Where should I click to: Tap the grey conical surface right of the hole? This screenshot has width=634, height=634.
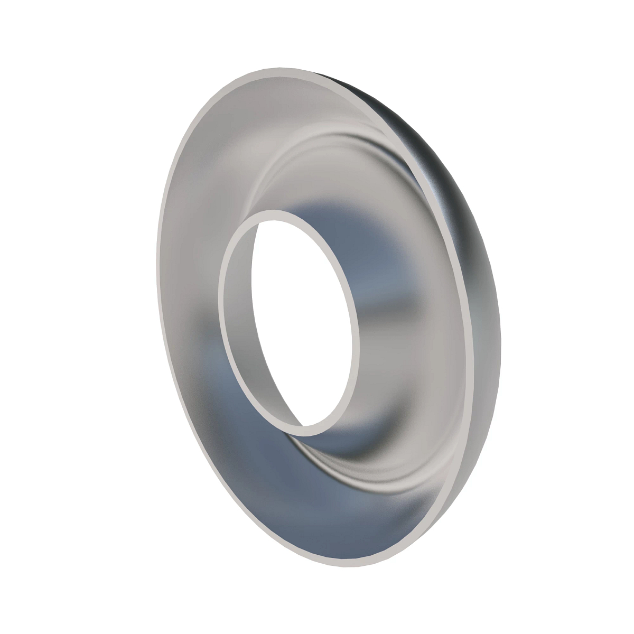pos(412,328)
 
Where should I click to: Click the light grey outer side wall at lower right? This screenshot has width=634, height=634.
pos(465,423)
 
